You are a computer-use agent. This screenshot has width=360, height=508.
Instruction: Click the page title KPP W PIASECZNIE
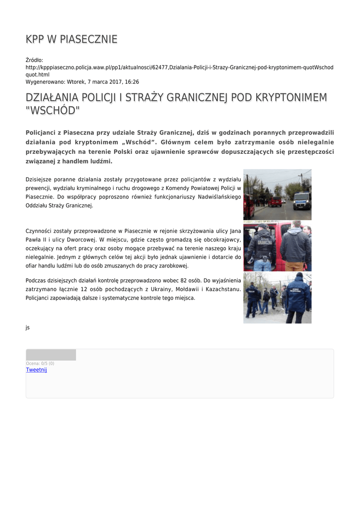(72, 39)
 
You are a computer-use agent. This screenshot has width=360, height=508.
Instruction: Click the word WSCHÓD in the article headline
(52, 110)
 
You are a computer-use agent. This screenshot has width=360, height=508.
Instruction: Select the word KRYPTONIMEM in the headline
(289, 98)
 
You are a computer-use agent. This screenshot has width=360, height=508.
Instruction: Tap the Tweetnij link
(36, 370)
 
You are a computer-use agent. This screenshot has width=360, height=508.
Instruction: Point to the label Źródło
(34, 60)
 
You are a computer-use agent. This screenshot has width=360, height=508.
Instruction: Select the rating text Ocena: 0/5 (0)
(40, 364)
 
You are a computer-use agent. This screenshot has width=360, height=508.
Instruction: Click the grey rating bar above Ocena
(51, 355)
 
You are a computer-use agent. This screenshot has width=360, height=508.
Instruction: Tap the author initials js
(28, 327)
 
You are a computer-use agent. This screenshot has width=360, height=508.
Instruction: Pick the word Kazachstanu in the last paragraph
(224, 289)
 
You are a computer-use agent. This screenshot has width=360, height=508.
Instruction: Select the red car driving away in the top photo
(275, 201)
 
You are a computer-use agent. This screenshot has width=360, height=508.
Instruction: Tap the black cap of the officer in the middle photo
(264, 226)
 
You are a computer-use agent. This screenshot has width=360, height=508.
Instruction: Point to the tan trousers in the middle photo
(295, 266)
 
